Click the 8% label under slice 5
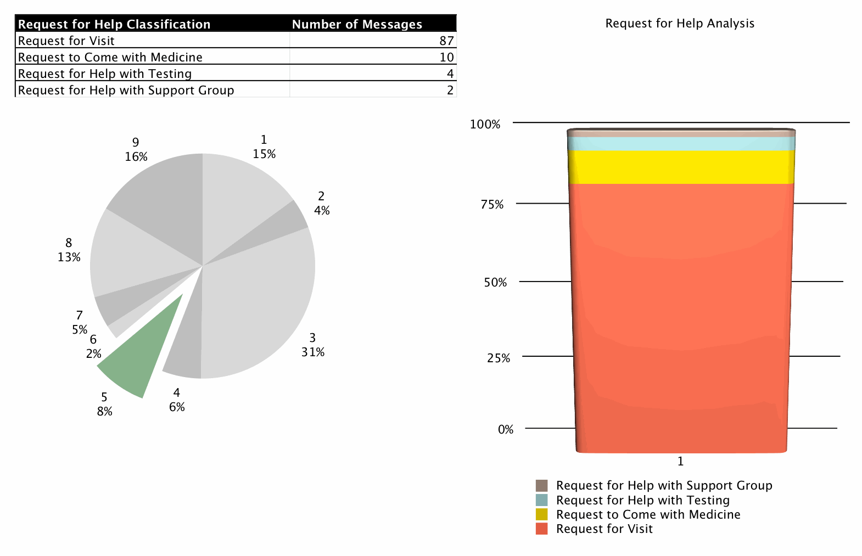(104, 412)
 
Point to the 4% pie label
(322, 211)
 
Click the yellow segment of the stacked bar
(681, 167)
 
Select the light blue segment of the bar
(681, 143)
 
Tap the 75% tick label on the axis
(492, 205)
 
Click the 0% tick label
(506, 430)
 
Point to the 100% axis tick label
(485, 125)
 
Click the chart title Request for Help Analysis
(680, 24)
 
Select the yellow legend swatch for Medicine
(541, 515)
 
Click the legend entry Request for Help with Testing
(642, 501)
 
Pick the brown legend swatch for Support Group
(541, 486)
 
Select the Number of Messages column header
(357, 24)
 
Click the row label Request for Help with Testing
(105, 74)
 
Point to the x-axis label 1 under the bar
(680, 462)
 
